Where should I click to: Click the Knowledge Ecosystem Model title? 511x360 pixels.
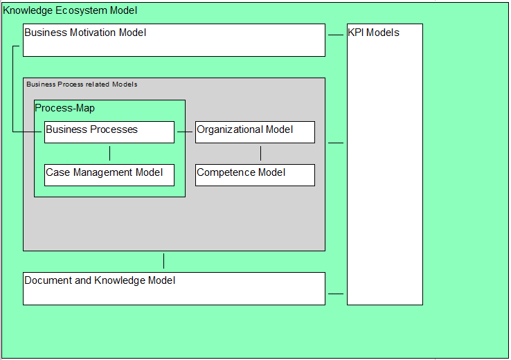click(x=70, y=10)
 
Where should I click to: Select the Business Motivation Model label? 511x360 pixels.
click(x=85, y=33)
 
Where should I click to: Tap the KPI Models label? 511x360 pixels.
click(x=373, y=33)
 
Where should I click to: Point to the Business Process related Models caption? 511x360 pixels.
click(x=82, y=84)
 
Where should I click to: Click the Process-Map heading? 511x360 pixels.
click(x=64, y=108)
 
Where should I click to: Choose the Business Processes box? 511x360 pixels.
click(x=109, y=132)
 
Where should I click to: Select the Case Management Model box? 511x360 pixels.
click(x=109, y=175)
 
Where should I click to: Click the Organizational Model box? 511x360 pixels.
click(x=255, y=132)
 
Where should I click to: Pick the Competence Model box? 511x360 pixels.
click(x=255, y=175)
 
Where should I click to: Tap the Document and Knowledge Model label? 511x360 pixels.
click(x=100, y=280)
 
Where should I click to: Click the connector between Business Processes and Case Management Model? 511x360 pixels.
click(x=109, y=154)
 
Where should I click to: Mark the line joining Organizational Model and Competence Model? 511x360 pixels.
click(x=260, y=154)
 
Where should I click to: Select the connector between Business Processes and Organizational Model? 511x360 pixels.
click(x=185, y=132)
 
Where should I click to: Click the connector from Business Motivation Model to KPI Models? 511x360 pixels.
click(x=336, y=35)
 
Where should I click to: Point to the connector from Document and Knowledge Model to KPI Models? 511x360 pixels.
click(x=336, y=294)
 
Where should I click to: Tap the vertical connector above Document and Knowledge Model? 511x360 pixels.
click(x=163, y=261)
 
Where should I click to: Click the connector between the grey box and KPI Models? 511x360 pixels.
click(x=336, y=143)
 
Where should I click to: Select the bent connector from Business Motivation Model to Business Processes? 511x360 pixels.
click(x=12, y=89)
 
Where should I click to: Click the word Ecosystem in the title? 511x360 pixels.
click(x=81, y=10)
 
